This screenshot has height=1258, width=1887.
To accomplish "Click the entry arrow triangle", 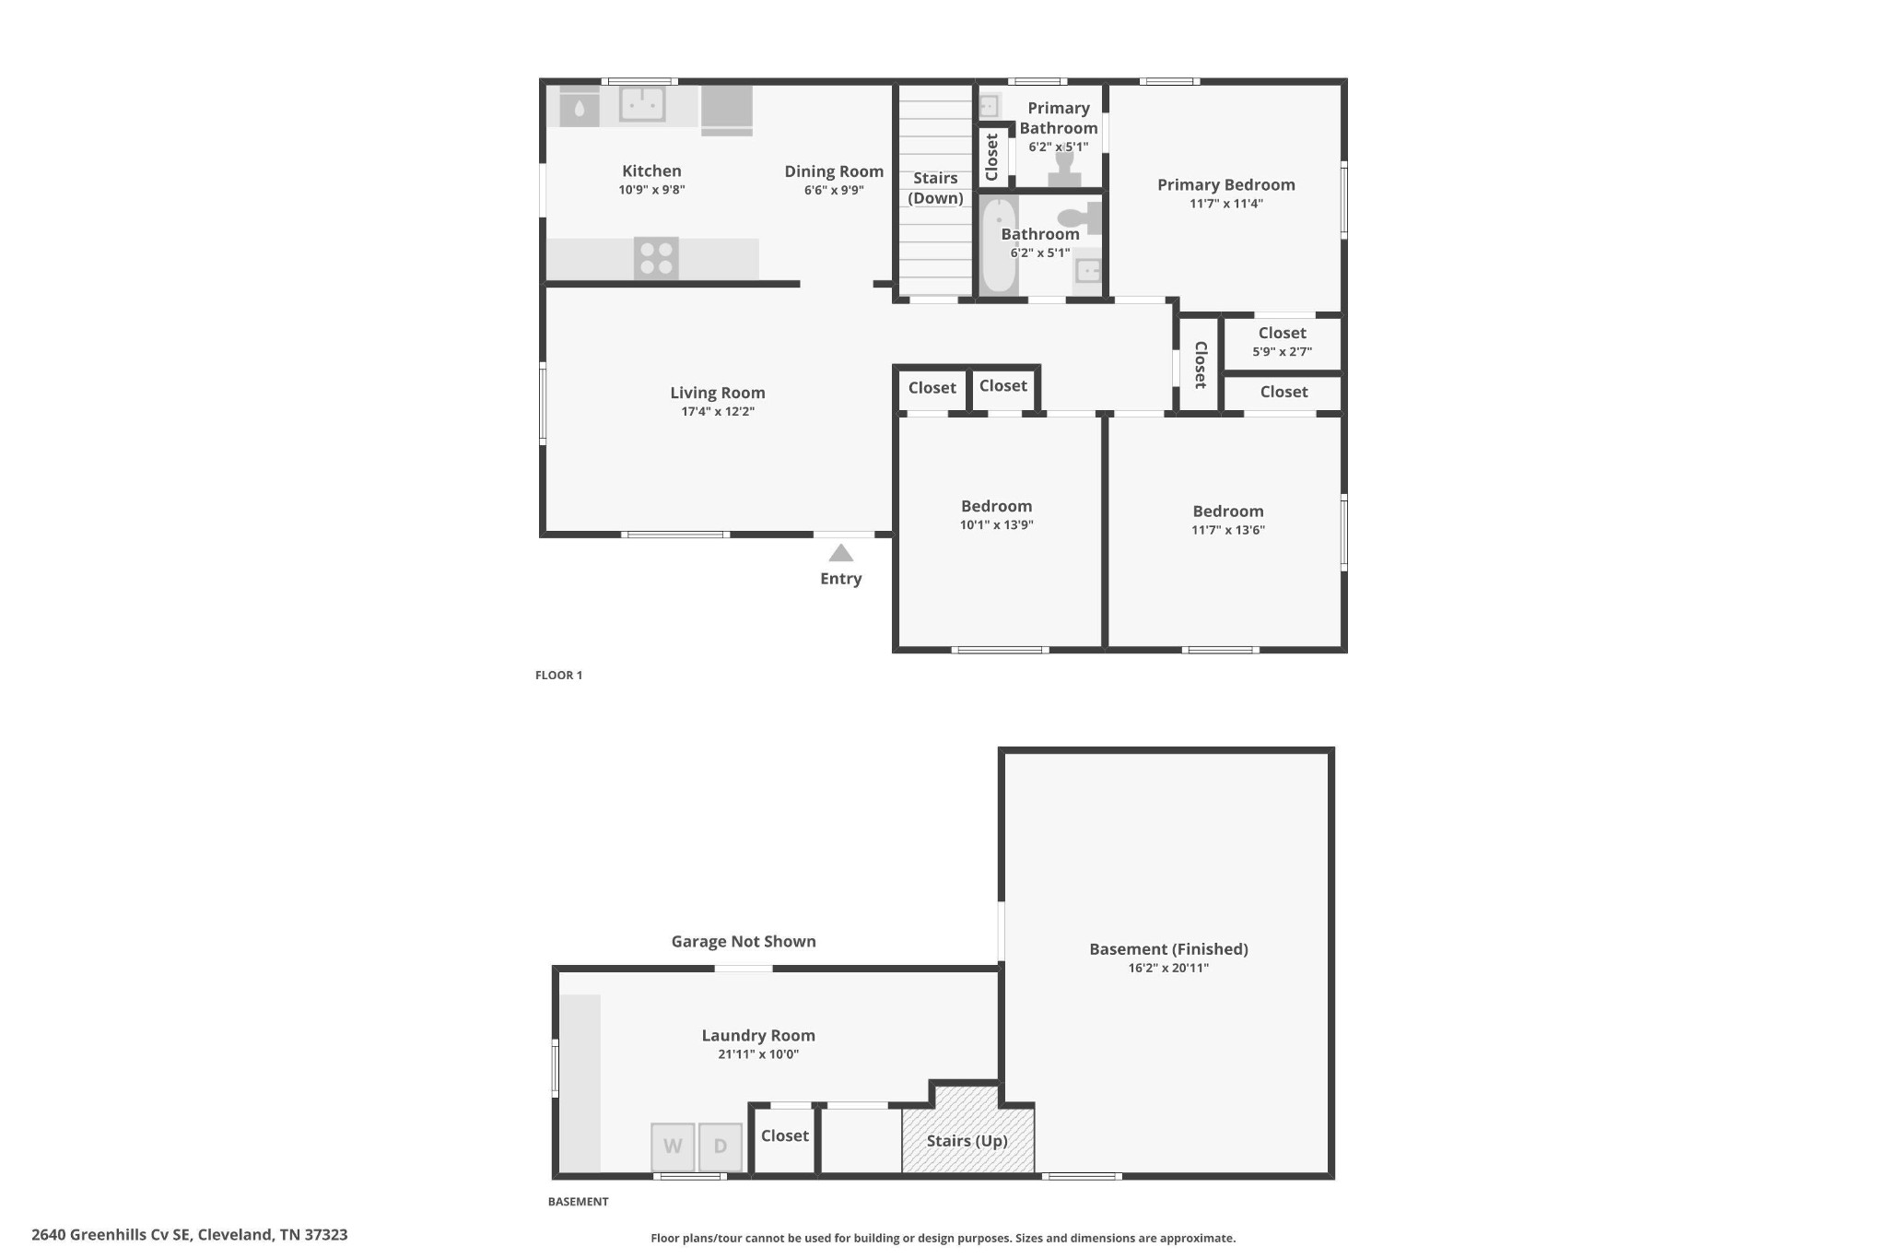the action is pyautogui.click(x=840, y=553).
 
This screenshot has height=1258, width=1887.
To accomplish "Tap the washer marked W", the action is pyautogui.click(x=673, y=1146).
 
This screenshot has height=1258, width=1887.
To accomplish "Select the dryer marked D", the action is pyautogui.click(x=721, y=1146).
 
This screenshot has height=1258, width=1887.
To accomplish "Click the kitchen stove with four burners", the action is pyautogui.click(x=656, y=258).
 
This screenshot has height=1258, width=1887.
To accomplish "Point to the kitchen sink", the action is pyautogui.click(x=642, y=104).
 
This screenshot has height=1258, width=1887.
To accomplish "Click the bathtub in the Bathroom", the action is pyautogui.click(x=999, y=245).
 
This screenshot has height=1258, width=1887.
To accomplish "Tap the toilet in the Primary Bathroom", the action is pyautogui.click(x=1065, y=168).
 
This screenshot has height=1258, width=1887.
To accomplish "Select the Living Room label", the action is pyautogui.click(x=718, y=393).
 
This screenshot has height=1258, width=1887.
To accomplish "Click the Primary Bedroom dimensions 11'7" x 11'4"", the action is pyautogui.click(x=1226, y=204).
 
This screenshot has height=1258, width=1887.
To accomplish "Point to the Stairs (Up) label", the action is pyautogui.click(x=967, y=1141).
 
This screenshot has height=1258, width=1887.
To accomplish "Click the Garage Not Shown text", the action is pyautogui.click(x=744, y=941).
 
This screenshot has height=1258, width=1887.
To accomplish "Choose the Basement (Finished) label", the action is pyautogui.click(x=1168, y=949).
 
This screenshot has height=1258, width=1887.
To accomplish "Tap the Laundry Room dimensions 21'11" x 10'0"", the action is pyautogui.click(x=758, y=1054).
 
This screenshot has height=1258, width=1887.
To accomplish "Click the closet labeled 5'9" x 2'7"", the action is pyautogui.click(x=1283, y=342).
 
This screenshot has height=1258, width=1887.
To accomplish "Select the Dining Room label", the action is pyautogui.click(x=834, y=171).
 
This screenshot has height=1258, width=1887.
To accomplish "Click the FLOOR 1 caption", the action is pyautogui.click(x=559, y=676).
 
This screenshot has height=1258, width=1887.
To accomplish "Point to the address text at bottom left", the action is pyautogui.click(x=190, y=1235).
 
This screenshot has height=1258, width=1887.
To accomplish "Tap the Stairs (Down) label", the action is pyautogui.click(x=936, y=188).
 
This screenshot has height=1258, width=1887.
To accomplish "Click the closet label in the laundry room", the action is pyautogui.click(x=785, y=1136).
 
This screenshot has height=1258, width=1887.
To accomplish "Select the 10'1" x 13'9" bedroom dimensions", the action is pyautogui.click(x=997, y=525).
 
